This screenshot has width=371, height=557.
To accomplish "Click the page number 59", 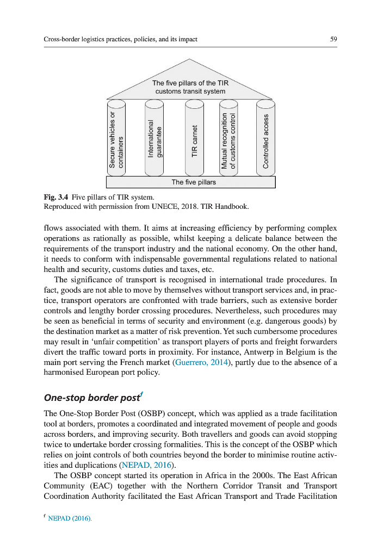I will (x=333, y=39).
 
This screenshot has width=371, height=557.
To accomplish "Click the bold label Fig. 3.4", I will (x=54, y=197).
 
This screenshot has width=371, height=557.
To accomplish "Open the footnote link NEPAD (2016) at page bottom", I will (x=70, y=519).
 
